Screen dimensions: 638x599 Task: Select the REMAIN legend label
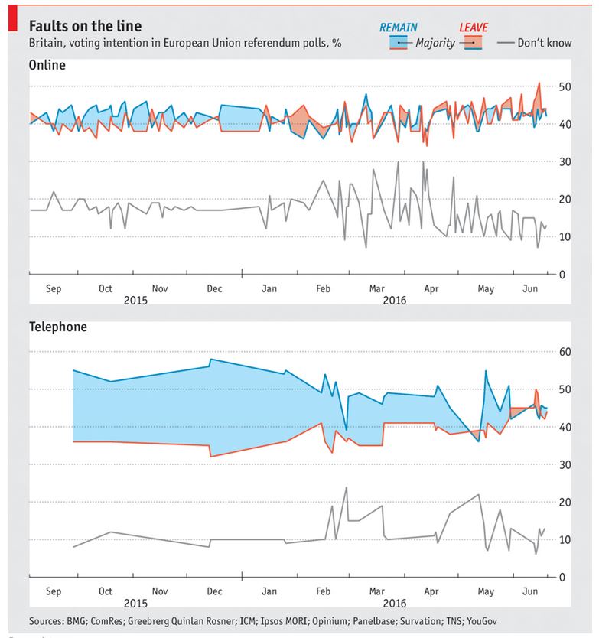tap(398, 28)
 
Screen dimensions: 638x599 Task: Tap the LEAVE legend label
tap(474, 28)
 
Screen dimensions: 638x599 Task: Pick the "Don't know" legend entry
tap(544, 43)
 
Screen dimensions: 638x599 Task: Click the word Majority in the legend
tap(435, 43)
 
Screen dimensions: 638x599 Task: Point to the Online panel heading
tap(47, 65)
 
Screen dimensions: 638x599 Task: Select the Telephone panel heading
tap(58, 327)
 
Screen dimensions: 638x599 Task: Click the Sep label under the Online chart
tap(54, 289)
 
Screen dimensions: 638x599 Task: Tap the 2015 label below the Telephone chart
tap(136, 603)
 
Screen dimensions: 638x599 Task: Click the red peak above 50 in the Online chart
tap(539, 83)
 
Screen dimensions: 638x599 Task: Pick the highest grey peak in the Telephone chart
tap(346, 487)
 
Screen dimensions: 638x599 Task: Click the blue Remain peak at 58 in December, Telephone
tap(210, 360)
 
